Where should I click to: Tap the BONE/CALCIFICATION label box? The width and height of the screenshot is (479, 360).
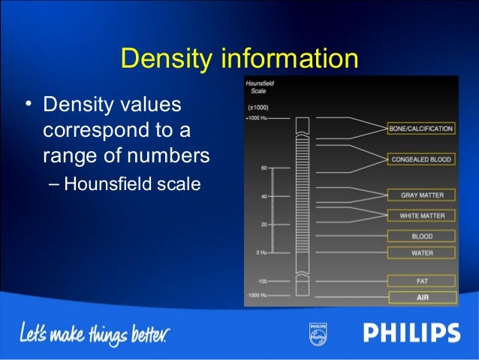tap(420, 129)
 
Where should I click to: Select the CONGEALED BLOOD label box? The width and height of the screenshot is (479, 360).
tap(420, 160)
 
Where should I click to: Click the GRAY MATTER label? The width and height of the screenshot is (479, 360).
tap(421, 195)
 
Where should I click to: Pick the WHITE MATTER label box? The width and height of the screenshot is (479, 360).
tap(421, 216)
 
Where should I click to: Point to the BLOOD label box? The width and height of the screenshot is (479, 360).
tap(421, 236)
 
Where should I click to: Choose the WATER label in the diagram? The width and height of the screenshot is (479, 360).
tap(421, 253)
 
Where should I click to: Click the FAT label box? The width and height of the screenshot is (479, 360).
tap(421, 280)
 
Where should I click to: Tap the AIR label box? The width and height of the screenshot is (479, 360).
tap(421, 297)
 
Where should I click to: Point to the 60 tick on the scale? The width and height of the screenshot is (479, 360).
tap(264, 168)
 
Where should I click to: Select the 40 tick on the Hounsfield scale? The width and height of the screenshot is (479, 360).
tap(264, 197)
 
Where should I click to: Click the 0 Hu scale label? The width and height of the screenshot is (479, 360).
tap(261, 253)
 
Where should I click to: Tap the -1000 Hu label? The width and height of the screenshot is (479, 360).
tap(257, 295)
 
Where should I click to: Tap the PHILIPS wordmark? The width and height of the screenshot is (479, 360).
tap(411, 332)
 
